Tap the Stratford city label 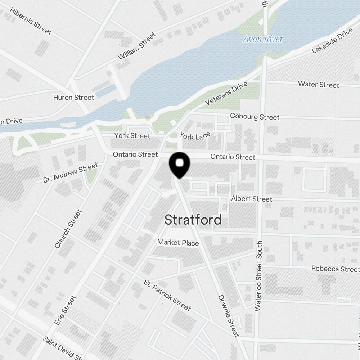point(193,220)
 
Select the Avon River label point(263,39)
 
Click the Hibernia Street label point(31,21)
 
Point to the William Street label point(137,46)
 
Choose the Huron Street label point(73,98)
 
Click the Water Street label point(319,85)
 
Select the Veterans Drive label point(226,94)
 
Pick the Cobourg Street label point(255,117)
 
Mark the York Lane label point(195,136)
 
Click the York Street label point(132,136)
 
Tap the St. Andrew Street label point(71,172)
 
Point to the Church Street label point(68,229)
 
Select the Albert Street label point(252,199)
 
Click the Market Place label point(178,243)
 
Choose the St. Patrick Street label point(167,295)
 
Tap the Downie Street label point(229,316)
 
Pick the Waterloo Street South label point(258,276)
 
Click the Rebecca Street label point(335,269)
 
